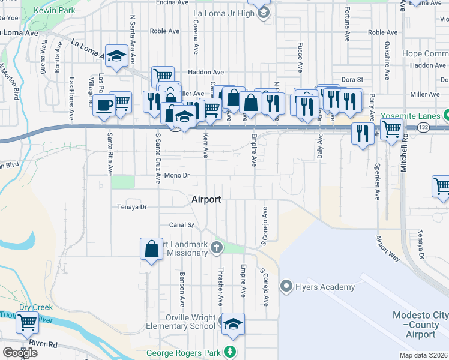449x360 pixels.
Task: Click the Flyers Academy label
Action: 324,287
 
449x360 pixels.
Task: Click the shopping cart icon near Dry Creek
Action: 27,323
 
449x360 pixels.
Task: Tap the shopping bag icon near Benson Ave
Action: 152,249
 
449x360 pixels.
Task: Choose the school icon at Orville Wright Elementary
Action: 232,323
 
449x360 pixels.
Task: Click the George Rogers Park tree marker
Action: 228,351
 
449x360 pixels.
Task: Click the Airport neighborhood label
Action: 206,199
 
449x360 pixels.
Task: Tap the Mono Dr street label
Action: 178,176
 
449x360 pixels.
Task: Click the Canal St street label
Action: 181,225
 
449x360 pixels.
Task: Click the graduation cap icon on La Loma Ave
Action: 116,56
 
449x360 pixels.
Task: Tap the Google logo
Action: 20,352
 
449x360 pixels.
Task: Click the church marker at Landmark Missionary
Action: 216,247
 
